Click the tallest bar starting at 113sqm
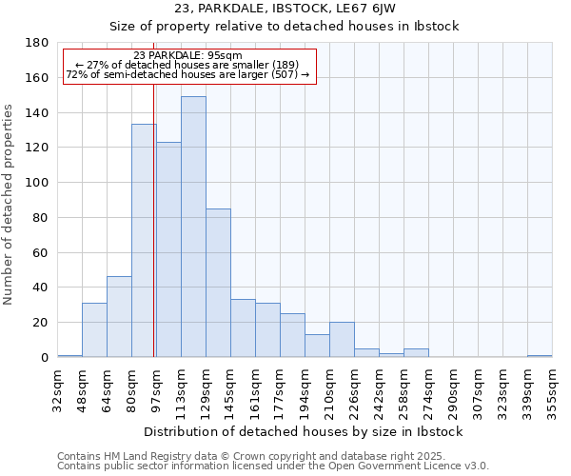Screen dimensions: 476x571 [x=193, y=227]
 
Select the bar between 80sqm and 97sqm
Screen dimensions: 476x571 [x=144, y=240]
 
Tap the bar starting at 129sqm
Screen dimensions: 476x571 [x=218, y=283]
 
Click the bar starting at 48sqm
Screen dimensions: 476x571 [x=94, y=329]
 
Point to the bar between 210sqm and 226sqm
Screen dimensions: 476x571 [x=342, y=339]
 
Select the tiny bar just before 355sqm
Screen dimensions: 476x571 [x=540, y=356]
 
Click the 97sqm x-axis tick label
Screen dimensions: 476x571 [x=156, y=387]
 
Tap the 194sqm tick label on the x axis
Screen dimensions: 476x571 [x=305, y=388]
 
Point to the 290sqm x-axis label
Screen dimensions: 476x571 [x=453, y=388]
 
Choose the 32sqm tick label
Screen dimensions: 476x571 [x=57, y=387]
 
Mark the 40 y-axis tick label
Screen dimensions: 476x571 [x=41, y=288]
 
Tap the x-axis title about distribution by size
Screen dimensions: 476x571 [x=304, y=431]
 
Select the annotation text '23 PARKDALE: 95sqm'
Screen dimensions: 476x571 [x=187, y=56]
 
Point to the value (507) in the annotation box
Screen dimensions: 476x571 [x=285, y=74]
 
